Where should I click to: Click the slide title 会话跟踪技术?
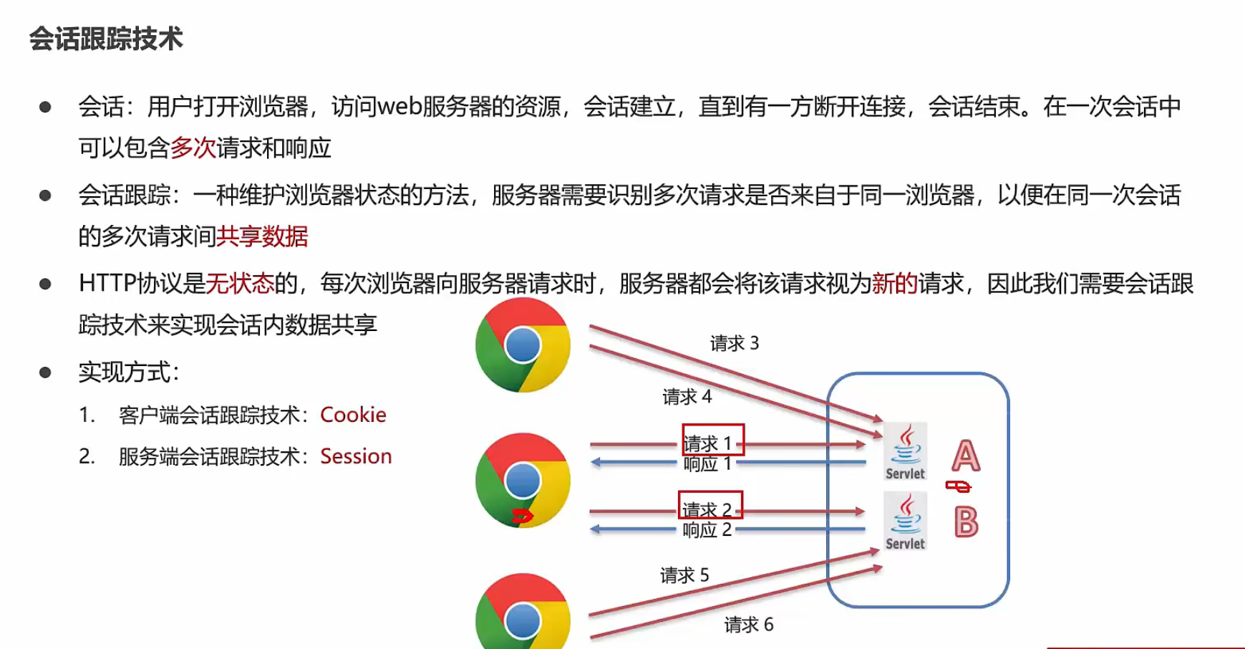pyautogui.click(x=106, y=39)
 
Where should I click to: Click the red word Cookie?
pyautogui.click(x=353, y=415)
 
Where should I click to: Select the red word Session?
pyautogui.click(x=356, y=456)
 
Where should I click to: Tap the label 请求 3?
pyautogui.click(x=735, y=344)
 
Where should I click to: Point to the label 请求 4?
pyautogui.click(x=687, y=397)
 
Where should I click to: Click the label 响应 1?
pyautogui.click(x=707, y=464)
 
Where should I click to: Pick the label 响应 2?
pyautogui.click(x=707, y=530)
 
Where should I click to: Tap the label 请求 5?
pyautogui.click(x=684, y=575)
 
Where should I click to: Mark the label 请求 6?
pyautogui.click(x=749, y=625)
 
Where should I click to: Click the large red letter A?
pyautogui.click(x=966, y=456)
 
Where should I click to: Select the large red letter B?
pyautogui.click(x=966, y=522)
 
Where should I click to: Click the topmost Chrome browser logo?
pyautogui.click(x=523, y=345)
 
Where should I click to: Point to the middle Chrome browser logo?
pyautogui.click(x=523, y=480)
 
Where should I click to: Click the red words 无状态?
pyautogui.click(x=240, y=284)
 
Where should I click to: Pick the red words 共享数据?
pyautogui.click(x=262, y=236)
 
